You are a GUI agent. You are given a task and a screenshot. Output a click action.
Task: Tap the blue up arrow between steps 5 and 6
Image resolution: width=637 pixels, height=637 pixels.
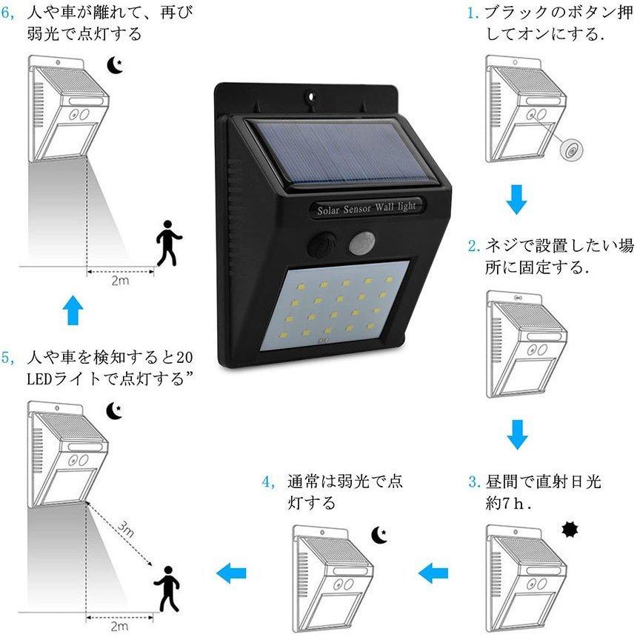[x=71, y=310]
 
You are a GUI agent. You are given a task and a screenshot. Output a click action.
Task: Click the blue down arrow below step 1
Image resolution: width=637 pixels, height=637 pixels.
[x=517, y=199]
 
